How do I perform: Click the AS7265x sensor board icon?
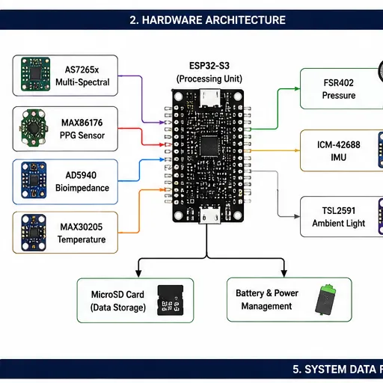(x=35, y=74)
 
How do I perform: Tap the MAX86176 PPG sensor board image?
(x=34, y=128)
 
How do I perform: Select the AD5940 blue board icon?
(x=34, y=180)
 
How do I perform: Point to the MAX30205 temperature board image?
(x=34, y=233)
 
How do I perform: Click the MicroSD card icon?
(x=171, y=300)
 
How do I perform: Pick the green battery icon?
(x=325, y=299)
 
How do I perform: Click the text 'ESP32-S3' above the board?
(x=209, y=66)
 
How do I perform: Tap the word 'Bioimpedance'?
(x=82, y=188)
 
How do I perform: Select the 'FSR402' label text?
(x=339, y=83)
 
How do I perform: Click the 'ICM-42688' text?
(x=339, y=144)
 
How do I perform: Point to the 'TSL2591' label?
(x=339, y=211)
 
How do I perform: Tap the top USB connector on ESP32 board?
(x=210, y=98)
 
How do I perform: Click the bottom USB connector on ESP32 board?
(x=209, y=215)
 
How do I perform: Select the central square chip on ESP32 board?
(x=209, y=147)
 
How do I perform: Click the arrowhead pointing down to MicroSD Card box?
(x=138, y=273)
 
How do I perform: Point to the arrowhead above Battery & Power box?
(x=284, y=273)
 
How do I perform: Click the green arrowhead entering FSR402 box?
(x=297, y=89)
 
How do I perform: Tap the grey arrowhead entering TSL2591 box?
(x=297, y=216)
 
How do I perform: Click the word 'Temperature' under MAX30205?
(x=82, y=239)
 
